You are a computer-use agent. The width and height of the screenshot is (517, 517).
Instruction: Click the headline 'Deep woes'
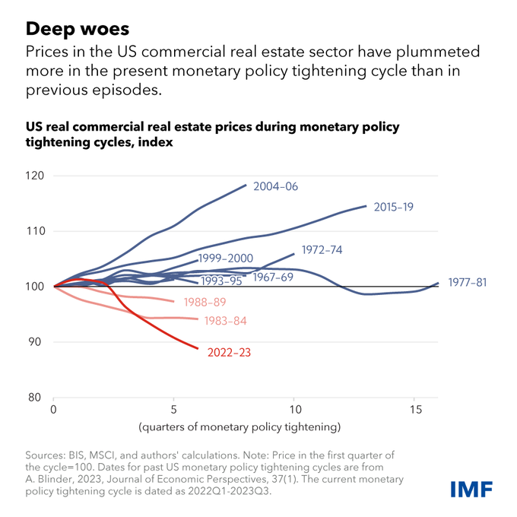pyautogui.click(x=78, y=30)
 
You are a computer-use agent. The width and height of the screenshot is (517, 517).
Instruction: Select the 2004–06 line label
pyautogui.click(x=277, y=186)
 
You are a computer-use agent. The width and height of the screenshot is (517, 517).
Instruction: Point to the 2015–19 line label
pyautogui.click(x=394, y=206)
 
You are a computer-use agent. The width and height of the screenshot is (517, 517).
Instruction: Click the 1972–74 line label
pyautogui.click(x=322, y=249)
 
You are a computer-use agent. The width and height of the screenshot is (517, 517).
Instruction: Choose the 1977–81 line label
pyautogui.click(x=467, y=283)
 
